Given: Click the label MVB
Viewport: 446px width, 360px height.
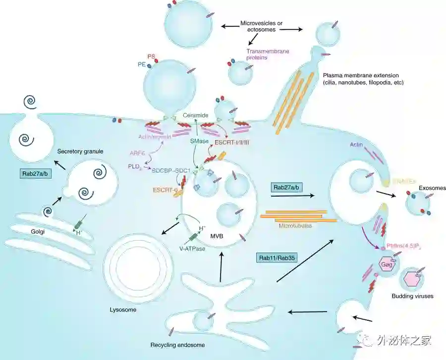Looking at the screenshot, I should click(x=217, y=236).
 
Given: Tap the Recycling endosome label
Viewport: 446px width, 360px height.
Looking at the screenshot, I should click(x=177, y=345).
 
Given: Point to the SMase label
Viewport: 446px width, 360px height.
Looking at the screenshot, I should click(x=198, y=141).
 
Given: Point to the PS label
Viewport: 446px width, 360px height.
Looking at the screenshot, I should click(x=152, y=56).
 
